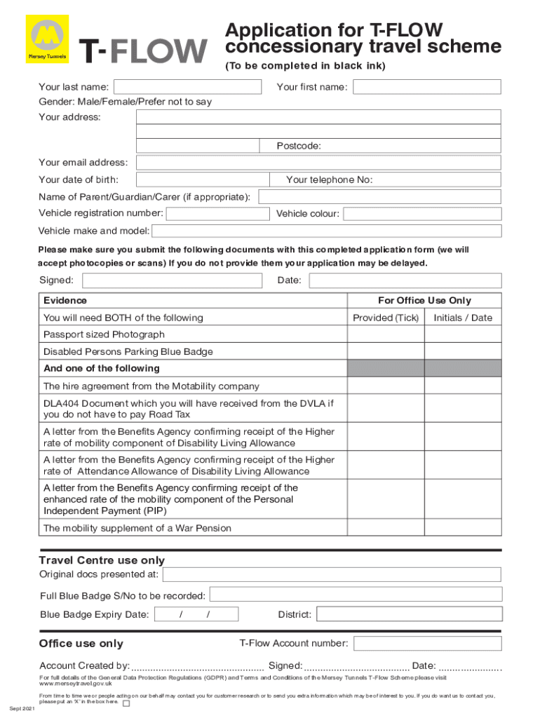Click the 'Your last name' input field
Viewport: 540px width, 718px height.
[x=189, y=87]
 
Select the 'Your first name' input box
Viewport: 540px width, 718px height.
[x=426, y=87]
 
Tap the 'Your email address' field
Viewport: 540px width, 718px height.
[x=318, y=163]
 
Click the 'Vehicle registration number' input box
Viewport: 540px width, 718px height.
[x=217, y=214]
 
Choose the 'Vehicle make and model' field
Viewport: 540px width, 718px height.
[x=327, y=231]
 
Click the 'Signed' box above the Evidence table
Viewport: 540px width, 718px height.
[x=173, y=280]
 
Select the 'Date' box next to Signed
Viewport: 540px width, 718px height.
[x=405, y=280]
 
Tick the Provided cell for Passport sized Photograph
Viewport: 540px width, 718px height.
[x=386, y=334]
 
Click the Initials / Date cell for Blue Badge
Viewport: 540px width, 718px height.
[x=463, y=351]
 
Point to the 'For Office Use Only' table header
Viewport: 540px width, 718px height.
[x=424, y=300]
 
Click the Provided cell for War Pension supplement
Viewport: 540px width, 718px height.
[x=386, y=528]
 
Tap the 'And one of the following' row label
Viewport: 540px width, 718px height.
[x=102, y=368]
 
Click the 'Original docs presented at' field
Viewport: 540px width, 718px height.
[x=332, y=575]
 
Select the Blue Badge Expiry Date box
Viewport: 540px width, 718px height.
[x=196, y=615]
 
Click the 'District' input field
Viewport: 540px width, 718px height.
[x=409, y=615]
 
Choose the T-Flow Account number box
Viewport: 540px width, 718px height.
[x=426, y=644]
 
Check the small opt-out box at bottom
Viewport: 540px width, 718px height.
[x=126, y=703]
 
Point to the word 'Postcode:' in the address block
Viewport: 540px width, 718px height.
[x=299, y=146]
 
